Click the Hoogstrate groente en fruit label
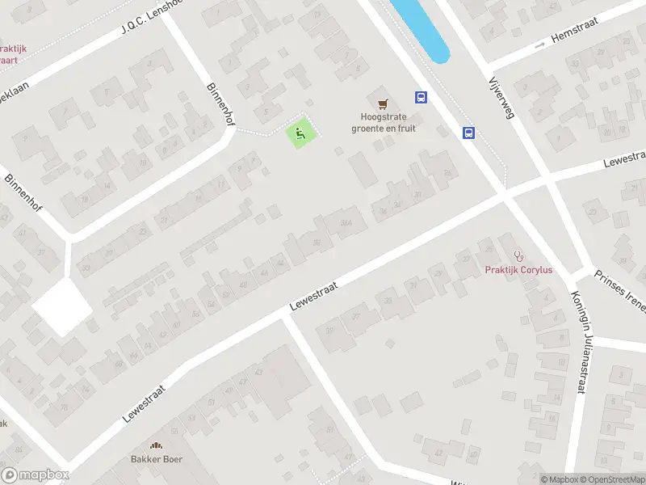click(383, 123)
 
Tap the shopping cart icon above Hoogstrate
click(383, 103)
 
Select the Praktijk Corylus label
click(518, 270)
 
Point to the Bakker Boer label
click(157, 459)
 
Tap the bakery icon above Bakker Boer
click(157, 445)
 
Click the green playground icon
click(300, 133)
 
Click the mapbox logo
click(35, 475)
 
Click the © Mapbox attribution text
click(559, 479)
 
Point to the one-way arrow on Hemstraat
click(540, 44)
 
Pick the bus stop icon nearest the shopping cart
click(421, 97)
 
